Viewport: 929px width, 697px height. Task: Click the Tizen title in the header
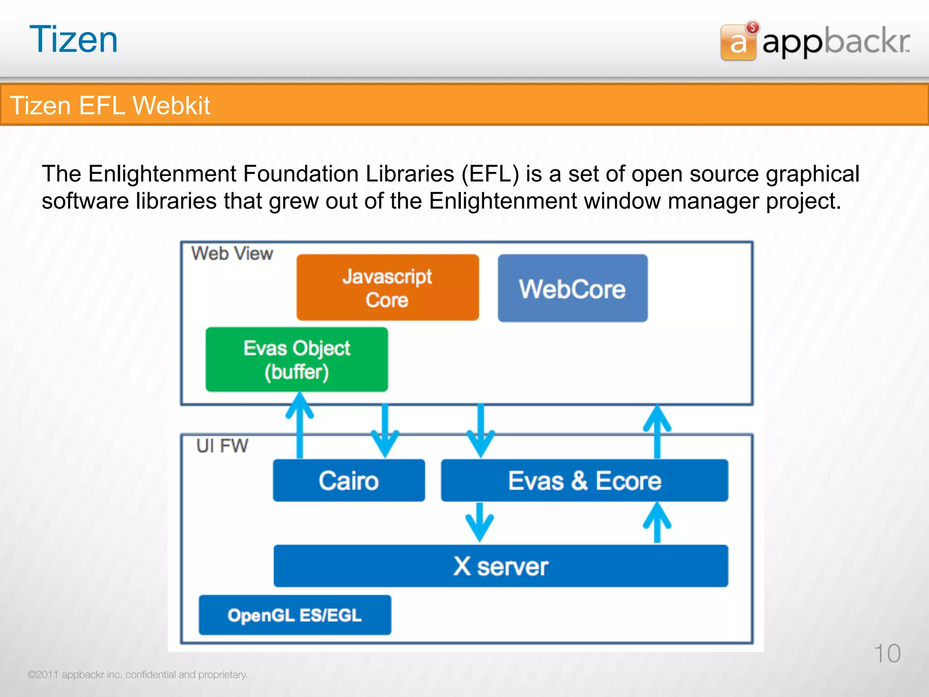73,40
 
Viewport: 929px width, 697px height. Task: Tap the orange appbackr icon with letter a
738,43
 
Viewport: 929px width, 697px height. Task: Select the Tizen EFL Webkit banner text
110,105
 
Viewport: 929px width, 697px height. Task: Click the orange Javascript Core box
387,288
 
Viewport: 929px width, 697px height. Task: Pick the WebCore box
572,289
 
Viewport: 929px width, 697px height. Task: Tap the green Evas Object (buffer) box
297,359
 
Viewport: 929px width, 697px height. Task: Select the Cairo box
348,481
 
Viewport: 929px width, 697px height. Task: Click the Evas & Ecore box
584,481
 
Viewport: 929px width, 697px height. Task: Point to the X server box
501,566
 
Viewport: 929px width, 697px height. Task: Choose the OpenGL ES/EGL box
295,615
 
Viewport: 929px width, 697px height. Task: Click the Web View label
232,253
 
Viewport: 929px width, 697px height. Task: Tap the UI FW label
222,446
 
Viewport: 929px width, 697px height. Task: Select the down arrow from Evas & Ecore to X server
480,522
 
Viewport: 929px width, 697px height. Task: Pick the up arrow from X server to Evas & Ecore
657,522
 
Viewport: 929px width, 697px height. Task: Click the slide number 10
887,653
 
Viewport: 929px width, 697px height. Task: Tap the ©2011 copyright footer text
137,674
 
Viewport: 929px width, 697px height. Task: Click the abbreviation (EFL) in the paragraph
490,174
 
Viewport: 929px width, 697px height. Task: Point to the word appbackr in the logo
836,42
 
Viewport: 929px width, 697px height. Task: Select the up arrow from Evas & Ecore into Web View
657,431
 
